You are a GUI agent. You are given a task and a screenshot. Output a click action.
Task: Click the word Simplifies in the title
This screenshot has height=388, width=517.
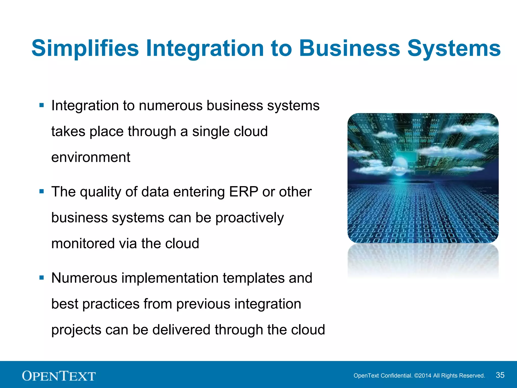pyautogui.click(x=85, y=48)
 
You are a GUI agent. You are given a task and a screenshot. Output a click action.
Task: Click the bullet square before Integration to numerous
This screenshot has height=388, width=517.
pyautogui.click(x=42, y=105)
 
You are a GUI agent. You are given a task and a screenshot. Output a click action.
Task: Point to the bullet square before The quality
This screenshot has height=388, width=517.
pyautogui.click(x=42, y=191)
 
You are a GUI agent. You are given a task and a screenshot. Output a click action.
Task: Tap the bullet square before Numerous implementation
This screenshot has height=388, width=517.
pyautogui.click(x=42, y=278)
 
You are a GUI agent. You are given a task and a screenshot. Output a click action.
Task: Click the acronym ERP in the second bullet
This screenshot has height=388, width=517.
pyautogui.click(x=243, y=191)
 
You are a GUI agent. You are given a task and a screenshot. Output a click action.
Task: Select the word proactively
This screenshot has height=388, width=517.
pyautogui.click(x=249, y=218)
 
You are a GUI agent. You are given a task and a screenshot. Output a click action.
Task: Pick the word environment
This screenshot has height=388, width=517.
pyautogui.click(x=91, y=157)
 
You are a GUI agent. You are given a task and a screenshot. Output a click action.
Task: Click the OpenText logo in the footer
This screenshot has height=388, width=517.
pyautogui.click(x=59, y=376)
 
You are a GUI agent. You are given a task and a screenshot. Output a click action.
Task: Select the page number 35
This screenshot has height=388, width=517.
pyautogui.click(x=500, y=375)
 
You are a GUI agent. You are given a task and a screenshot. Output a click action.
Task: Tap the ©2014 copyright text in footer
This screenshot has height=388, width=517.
pyautogui.click(x=423, y=376)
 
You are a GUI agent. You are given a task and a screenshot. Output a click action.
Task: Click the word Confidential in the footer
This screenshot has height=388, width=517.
pyautogui.click(x=396, y=376)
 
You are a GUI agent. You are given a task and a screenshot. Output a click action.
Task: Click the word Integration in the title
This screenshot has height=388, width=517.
pyautogui.click(x=205, y=48)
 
